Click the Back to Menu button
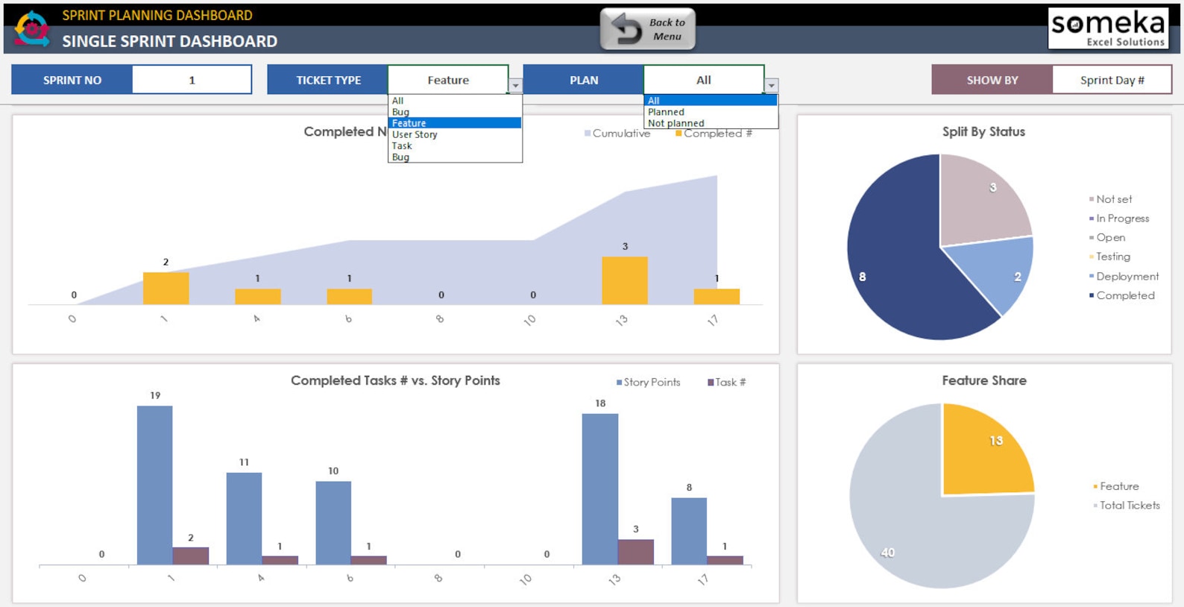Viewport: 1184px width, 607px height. pos(648,30)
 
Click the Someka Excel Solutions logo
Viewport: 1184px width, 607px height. pos(1107,29)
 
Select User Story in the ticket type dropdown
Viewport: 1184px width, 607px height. pos(415,135)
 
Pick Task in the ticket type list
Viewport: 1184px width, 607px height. pos(402,146)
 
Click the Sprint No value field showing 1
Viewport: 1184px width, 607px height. pos(192,80)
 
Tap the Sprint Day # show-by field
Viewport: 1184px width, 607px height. pos(1111,80)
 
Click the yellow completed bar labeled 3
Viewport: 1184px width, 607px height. pos(625,280)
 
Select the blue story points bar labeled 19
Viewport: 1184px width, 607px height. pos(155,485)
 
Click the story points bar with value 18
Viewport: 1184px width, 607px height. pos(600,488)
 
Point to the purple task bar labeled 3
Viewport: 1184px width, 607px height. pos(636,552)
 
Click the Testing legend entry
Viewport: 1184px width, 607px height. pos(1112,257)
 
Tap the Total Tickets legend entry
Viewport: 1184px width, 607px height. pos(1129,506)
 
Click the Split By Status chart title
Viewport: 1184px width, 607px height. pos(983,132)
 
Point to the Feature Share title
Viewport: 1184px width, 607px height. pos(983,380)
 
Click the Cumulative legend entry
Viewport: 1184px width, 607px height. pos(620,133)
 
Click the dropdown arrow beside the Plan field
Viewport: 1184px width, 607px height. pos(772,86)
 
